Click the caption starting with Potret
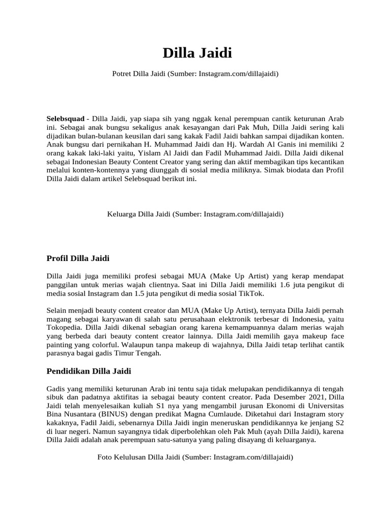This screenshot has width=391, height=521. pos(195,74)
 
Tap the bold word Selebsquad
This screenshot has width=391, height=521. pos(65,118)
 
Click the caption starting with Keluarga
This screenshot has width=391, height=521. pos(195,214)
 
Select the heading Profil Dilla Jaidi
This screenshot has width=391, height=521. pos(77,258)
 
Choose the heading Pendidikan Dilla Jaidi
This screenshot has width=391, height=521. pos(89,371)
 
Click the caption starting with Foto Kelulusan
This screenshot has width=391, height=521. pos(195,457)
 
